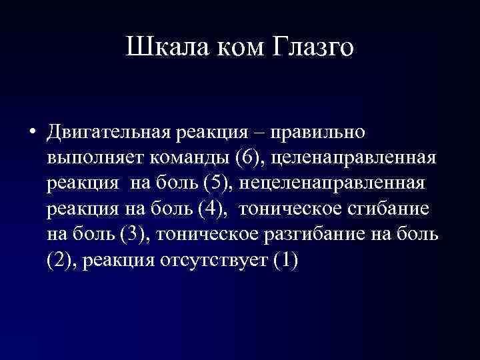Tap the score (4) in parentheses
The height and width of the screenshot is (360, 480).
(212, 209)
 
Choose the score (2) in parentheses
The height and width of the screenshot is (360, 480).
(61, 260)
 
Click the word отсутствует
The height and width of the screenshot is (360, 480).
(213, 260)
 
